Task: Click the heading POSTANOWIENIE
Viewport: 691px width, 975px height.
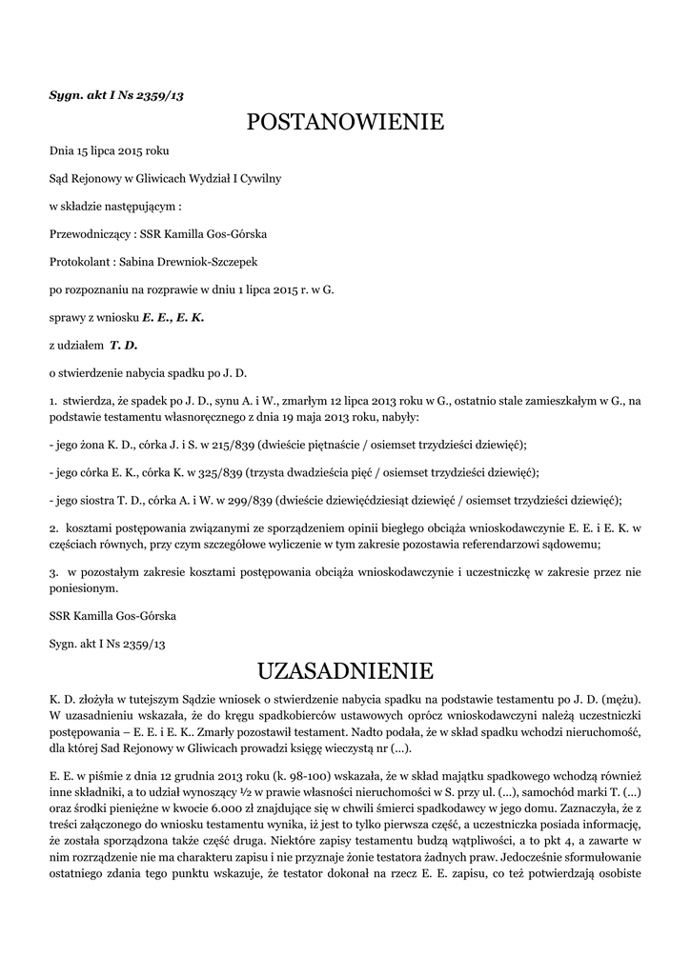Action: pyautogui.click(x=345, y=122)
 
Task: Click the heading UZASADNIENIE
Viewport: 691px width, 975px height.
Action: pyautogui.click(x=345, y=671)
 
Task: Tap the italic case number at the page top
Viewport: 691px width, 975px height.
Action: pyautogui.click(x=115, y=95)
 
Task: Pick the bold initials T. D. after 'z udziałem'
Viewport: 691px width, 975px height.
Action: pyautogui.click(x=124, y=344)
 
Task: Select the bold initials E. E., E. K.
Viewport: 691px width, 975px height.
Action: pyautogui.click(x=173, y=316)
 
